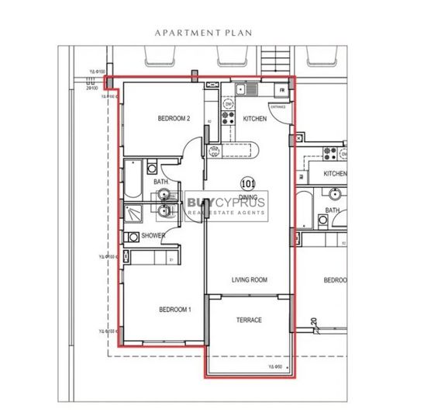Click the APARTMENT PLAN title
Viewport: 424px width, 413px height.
pyautogui.click(x=210, y=33)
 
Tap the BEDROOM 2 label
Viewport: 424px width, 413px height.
pyautogui.click(x=174, y=119)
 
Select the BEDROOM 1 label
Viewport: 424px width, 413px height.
pyautogui.click(x=174, y=310)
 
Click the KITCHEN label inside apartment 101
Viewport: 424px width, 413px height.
pyautogui.click(x=255, y=119)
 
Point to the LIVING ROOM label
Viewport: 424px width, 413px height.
pyautogui.click(x=249, y=279)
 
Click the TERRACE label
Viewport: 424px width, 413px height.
pyautogui.click(x=249, y=320)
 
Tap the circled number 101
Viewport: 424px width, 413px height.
pyautogui.click(x=248, y=184)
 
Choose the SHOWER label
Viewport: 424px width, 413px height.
pyautogui.click(x=152, y=235)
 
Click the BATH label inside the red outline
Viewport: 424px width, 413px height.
pyautogui.click(x=160, y=182)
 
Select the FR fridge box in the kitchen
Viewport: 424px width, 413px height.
pyautogui.click(x=281, y=90)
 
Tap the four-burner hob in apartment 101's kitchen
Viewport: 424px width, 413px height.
pyautogui.click(x=229, y=119)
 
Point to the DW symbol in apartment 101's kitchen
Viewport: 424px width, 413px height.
pyautogui.click(x=229, y=103)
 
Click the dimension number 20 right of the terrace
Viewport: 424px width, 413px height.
pyautogui.click(x=314, y=321)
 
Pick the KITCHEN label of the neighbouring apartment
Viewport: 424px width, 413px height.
pyautogui.click(x=335, y=174)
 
